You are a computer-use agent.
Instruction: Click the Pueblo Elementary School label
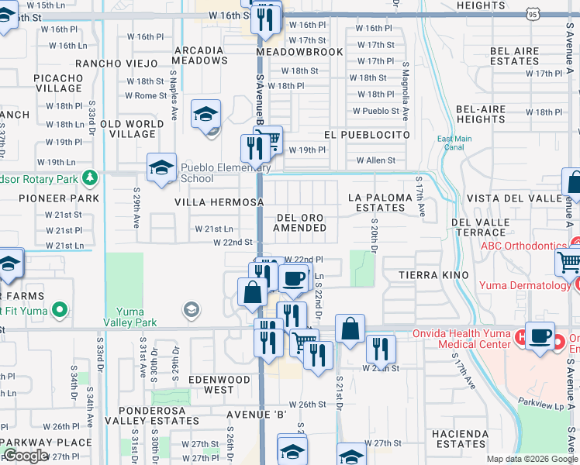coord(226,173)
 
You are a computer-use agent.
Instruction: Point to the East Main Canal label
coord(454,143)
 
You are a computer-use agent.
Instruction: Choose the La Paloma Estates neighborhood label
coord(380,202)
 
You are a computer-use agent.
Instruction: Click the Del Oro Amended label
coord(301,222)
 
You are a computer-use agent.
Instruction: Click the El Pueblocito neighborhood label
coord(367,134)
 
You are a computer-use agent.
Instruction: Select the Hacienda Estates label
coord(461,439)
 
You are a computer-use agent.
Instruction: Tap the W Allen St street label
coord(375,160)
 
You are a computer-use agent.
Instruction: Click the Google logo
coord(25,456)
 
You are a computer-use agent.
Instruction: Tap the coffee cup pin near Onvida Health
coord(540,336)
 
